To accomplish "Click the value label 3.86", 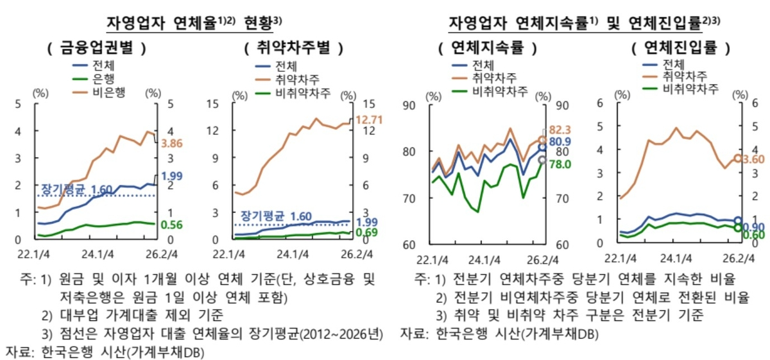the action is click(x=172, y=143).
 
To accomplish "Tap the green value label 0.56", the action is click(x=171, y=225).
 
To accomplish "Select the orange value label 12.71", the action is click(x=369, y=119).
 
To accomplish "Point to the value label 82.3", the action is click(x=560, y=130).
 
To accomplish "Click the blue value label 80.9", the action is click(x=560, y=141).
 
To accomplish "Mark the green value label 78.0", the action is click(x=560, y=164).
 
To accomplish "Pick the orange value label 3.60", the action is click(x=753, y=159).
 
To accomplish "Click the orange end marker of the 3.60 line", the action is click(x=738, y=158).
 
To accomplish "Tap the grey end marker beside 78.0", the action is click(x=542, y=160).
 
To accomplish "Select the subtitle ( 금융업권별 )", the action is click(x=97, y=47).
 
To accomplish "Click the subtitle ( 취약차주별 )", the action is click(x=294, y=47).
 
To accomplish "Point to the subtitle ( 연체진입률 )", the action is click(x=681, y=47).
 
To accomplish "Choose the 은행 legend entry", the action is click(x=94, y=79).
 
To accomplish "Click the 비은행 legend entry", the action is click(x=99, y=92).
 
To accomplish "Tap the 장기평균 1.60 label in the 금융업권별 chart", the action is click(x=76, y=189).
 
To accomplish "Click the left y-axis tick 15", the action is click(x=213, y=103).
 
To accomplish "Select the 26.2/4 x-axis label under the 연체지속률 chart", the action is click(x=542, y=260).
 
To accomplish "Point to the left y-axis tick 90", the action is click(x=409, y=105).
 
